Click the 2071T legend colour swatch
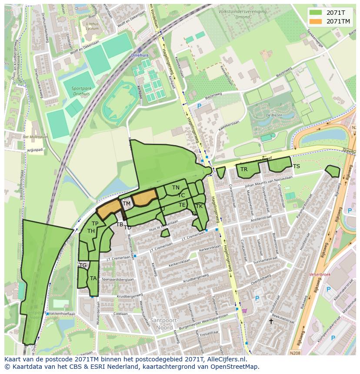coord(316,12)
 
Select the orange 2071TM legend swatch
coord(316,21)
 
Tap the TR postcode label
coord(244,169)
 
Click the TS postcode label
coord(296,166)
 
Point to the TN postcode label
coord(176,188)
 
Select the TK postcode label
coord(199,206)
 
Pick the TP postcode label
coord(95,224)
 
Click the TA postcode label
coord(93,278)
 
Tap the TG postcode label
coord(83,265)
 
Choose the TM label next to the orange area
coord(127,204)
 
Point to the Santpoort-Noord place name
coord(162,324)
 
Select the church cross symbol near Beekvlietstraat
coord(271,321)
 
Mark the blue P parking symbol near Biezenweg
coord(200,106)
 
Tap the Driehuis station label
coord(140,56)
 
